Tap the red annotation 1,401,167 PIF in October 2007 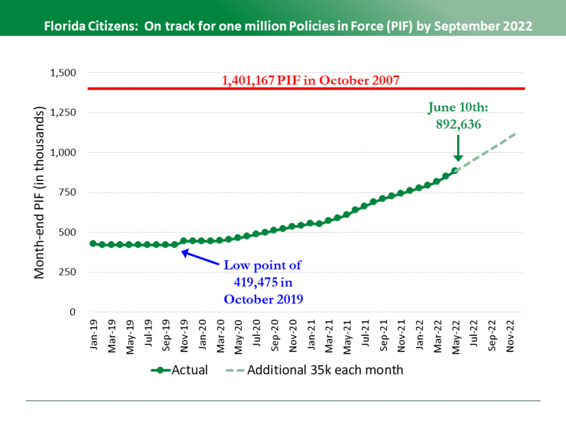click(x=311, y=80)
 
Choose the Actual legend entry click(x=180, y=370)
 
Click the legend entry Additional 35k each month click(x=315, y=370)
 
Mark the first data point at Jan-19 click(x=93, y=243)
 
